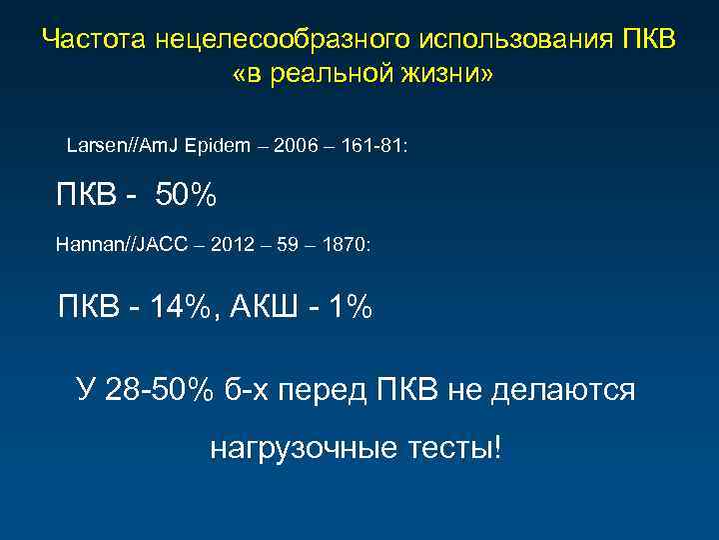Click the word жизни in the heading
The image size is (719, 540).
[x=438, y=75]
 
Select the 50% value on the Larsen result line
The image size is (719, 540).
[x=186, y=195]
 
